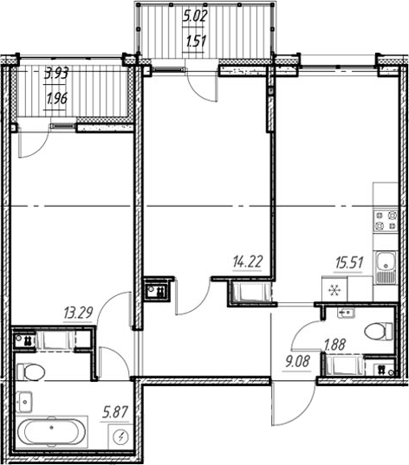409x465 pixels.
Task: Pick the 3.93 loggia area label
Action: tap(59, 74)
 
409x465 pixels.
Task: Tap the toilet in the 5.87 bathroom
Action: tap(31, 373)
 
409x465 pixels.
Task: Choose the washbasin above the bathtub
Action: tap(25, 401)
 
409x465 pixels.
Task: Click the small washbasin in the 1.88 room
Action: tap(346, 313)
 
